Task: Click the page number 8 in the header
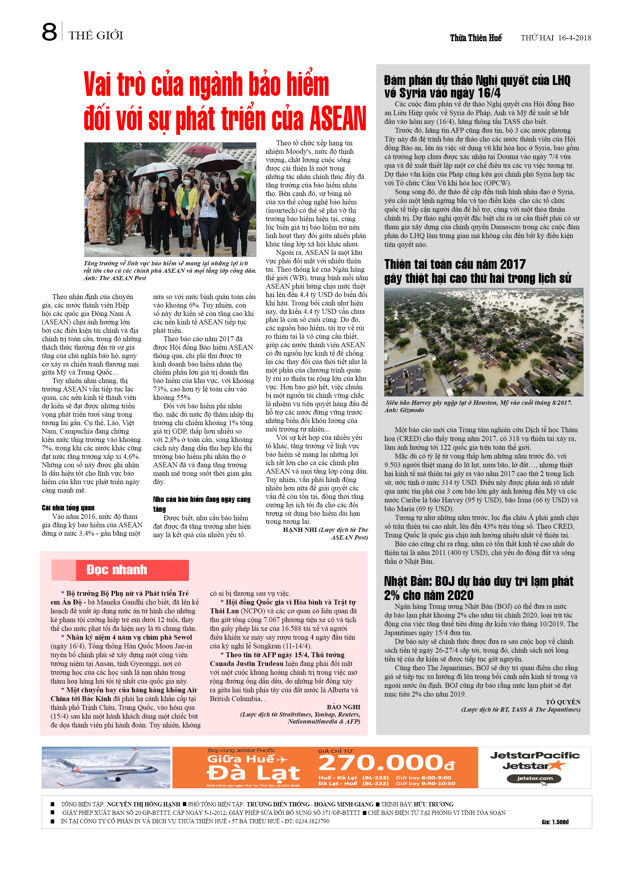pos(49,32)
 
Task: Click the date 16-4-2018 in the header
pos(574,38)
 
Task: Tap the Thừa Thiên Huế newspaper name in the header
pos(476,38)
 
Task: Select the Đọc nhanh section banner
pos(120,570)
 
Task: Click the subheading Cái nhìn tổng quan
pos(68,508)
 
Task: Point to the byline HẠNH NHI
pos(300,530)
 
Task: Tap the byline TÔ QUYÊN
pos(563,702)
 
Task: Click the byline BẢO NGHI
pos(343,707)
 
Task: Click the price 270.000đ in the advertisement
pos(386,763)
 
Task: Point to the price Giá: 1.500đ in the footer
pos(555,822)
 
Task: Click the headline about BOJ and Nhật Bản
pos(478,588)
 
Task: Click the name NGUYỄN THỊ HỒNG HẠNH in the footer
pos(143,804)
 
